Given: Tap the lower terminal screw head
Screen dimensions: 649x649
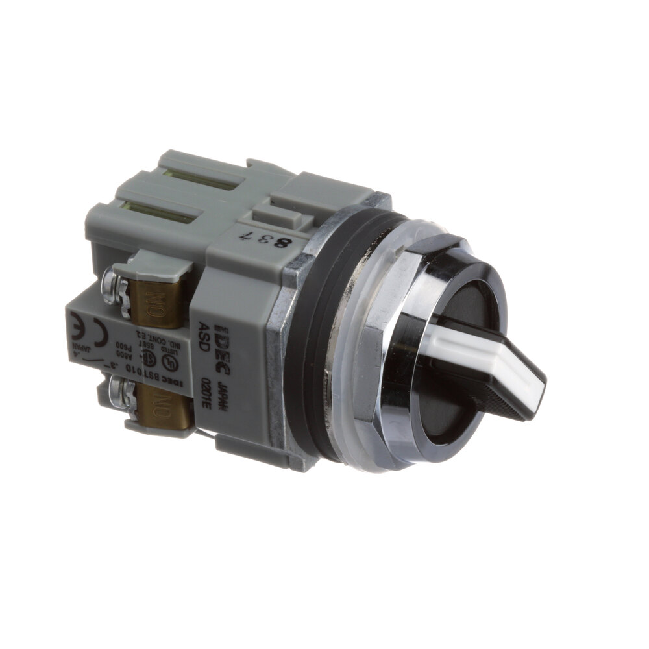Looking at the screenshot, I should click(x=117, y=391).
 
